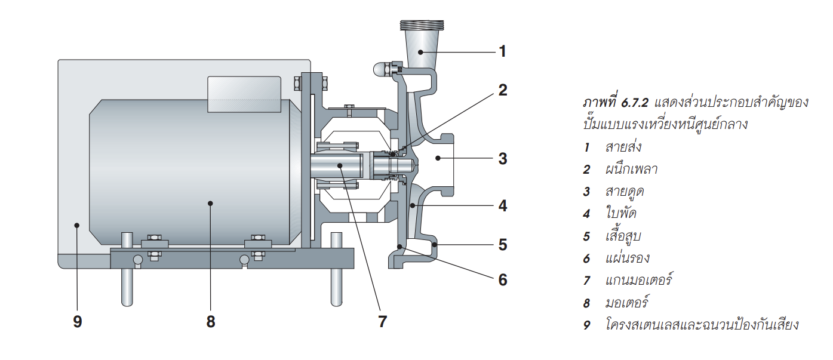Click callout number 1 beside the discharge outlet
502,51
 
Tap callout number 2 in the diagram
502,90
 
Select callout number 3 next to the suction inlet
502,159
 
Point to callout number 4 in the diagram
502,207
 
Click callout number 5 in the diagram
502,244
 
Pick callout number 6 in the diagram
502,279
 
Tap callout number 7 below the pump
382,322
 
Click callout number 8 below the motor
210,322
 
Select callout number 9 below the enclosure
77,322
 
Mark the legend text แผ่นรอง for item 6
628,258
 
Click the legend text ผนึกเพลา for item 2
631,170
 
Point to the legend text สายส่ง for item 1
624,147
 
